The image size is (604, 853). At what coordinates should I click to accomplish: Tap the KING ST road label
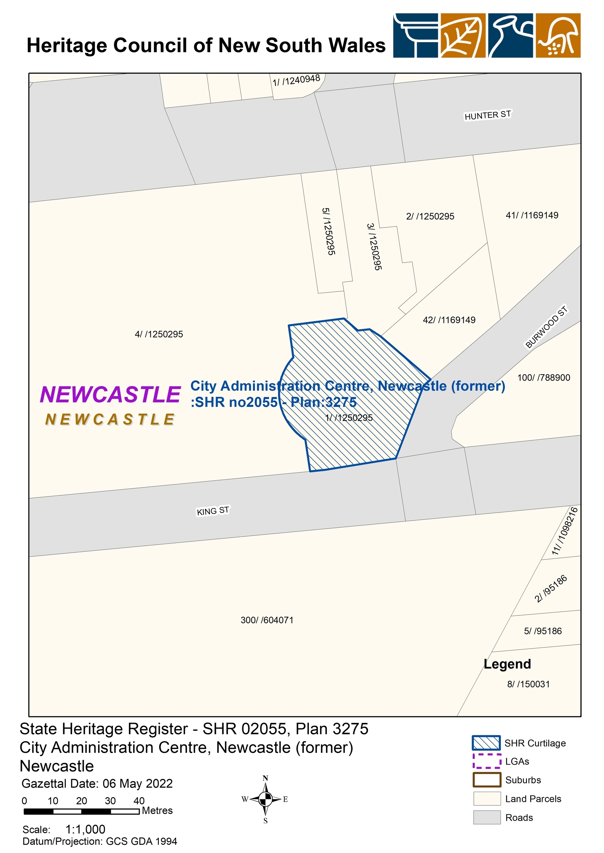pos(213,511)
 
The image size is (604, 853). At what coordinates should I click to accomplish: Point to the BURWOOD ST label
pos(546,327)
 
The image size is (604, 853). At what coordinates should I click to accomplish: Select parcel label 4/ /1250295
pos(159,334)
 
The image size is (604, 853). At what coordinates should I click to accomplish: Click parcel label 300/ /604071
pos(267,620)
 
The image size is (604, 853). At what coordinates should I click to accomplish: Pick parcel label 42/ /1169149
pos(449,320)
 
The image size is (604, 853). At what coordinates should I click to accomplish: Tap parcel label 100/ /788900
pos(543,378)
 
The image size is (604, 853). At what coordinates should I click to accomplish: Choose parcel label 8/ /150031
pos(528,684)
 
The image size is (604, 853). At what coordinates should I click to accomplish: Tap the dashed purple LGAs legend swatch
pos(487,761)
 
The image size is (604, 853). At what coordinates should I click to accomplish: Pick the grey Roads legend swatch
pos(487,818)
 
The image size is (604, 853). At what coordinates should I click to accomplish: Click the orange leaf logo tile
pos(463,36)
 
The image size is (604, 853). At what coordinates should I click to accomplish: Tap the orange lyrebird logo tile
pos(558,36)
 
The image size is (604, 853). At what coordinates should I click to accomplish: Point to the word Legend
pos(507,664)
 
